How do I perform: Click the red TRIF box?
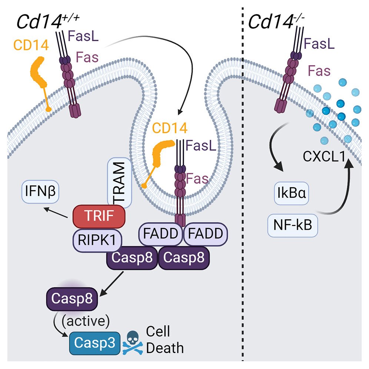click(99, 216)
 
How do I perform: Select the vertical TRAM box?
click(120, 183)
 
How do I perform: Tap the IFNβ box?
click(40, 191)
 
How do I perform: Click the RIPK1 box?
click(97, 240)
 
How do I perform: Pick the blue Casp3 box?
click(95, 343)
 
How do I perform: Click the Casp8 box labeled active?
click(72, 299)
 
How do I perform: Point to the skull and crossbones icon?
click(133, 342)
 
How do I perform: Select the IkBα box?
click(291, 193)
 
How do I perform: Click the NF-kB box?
click(293, 225)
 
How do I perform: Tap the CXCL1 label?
click(324, 156)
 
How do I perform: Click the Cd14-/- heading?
click(276, 21)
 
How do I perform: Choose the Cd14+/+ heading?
click(48, 21)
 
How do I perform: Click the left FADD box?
click(161, 234)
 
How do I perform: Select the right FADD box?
click(206, 234)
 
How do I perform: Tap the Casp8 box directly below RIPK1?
click(132, 258)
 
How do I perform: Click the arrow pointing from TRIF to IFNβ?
click(56, 213)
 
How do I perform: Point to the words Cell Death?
click(165, 340)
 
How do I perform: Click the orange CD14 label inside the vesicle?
click(170, 128)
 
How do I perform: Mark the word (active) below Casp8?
click(86, 321)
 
